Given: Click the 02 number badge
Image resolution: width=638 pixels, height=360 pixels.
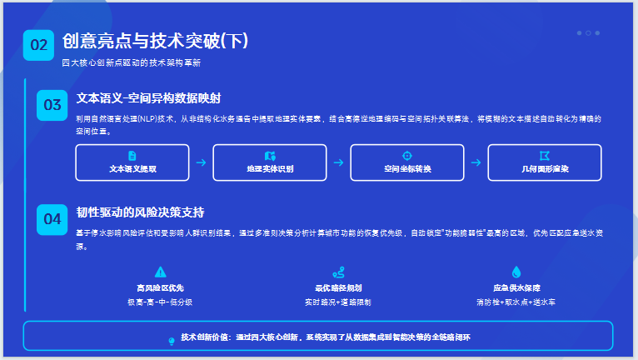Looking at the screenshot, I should point(39,45).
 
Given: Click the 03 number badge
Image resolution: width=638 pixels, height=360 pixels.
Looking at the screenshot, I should point(52,105).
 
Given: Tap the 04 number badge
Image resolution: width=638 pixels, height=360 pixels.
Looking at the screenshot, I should point(52,218).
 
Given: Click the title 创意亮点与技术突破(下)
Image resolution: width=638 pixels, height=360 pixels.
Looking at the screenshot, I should point(156,42).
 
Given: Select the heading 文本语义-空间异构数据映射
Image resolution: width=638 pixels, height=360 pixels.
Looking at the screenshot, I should point(148,97).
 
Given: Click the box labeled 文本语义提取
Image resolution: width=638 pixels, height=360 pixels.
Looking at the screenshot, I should point(132,162).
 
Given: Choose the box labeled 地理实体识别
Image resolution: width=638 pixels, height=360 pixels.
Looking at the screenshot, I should point(270,162).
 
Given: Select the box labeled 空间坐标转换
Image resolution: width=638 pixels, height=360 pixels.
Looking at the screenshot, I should point(407,162).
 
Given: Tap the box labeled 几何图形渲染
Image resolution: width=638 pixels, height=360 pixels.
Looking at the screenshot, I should point(545,162).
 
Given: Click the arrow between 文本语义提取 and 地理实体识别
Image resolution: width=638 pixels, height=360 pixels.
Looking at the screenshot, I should point(201,162).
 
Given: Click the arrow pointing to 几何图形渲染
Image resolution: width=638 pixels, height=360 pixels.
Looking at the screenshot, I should point(476,162).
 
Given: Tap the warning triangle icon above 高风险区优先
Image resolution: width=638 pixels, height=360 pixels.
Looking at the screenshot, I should point(160,272).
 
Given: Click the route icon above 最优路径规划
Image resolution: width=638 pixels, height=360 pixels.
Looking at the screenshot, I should point(337,272).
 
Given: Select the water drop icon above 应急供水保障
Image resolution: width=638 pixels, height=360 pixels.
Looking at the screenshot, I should point(516,272).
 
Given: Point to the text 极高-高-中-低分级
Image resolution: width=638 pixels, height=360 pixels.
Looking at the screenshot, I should point(160,301).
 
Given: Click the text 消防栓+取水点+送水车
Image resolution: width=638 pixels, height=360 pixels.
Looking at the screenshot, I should point(516,301).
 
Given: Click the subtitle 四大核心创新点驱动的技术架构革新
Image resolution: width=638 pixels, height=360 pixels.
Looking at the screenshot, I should point(131,62).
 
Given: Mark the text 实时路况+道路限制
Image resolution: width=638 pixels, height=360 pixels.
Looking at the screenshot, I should point(337,301).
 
